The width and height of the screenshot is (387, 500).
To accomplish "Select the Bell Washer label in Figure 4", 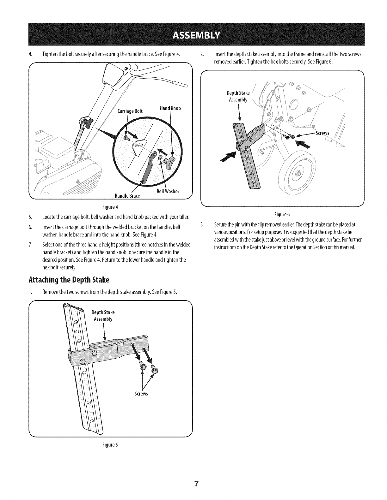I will [168, 191].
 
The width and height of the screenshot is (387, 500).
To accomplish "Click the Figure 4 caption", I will [110, 207].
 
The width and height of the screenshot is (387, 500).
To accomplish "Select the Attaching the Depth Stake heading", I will [69, 280].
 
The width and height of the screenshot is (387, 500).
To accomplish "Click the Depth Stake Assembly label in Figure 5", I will [103, 315].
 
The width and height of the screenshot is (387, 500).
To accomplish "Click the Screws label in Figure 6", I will [322, 133].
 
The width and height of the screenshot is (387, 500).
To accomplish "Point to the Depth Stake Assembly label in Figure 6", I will [238, 96].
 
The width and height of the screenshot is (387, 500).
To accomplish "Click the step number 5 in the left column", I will [30, 217].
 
